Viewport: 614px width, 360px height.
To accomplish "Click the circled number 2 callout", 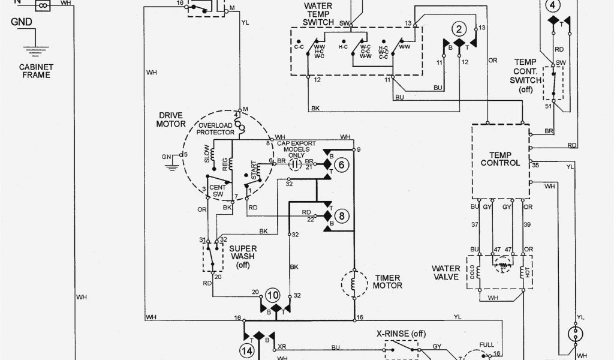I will pyautogui.click(x=459, y=30).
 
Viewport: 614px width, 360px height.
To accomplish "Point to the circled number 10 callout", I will pyautogui.click(x=273, y=295).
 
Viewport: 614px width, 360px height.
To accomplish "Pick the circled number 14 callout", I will pyautogui.click(x=247, y=350).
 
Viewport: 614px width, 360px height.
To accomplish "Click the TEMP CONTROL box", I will pyautogui.click(x=501, y=160).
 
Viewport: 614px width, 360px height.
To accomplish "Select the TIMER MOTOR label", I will pyautogui.click(x=388, y=281).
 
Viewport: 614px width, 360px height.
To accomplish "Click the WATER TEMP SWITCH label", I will pyautogui.click(x=318, y=13).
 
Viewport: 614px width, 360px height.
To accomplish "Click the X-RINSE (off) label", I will pyautogui.click(x=401, y=334).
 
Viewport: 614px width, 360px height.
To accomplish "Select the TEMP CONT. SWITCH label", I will pyautogui.click(x=525, y=75).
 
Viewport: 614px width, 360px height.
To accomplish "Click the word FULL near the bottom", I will pyautogui.click(x=486, y=344).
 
